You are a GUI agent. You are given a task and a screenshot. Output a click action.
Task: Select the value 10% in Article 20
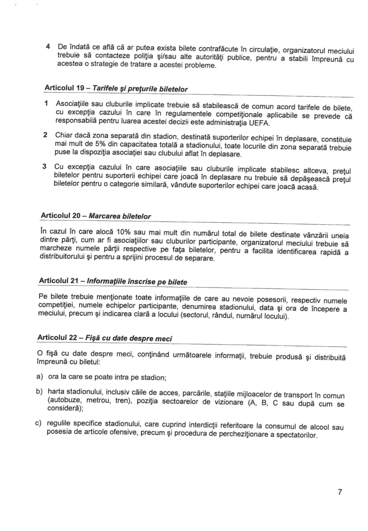pyautogui.click(x=123, y=232)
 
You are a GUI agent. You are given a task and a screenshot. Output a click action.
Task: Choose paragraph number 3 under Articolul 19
pyautogui.click(x=45, y=166)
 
